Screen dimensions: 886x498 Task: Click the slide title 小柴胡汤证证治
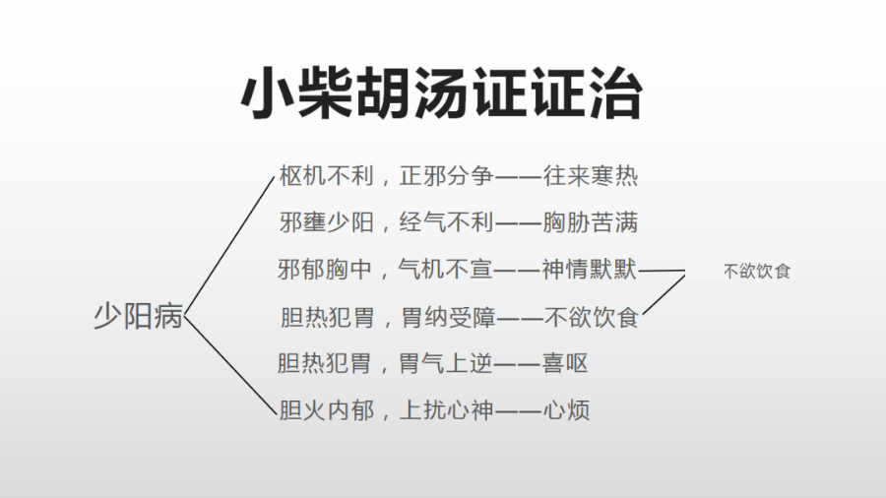coord(442,95)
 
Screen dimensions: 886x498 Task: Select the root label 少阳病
coord(138,318)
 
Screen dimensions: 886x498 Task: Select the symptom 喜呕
coord(565,363)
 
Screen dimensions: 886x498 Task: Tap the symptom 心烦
coord(565,410)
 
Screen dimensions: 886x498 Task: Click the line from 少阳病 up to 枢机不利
coord(230,246)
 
